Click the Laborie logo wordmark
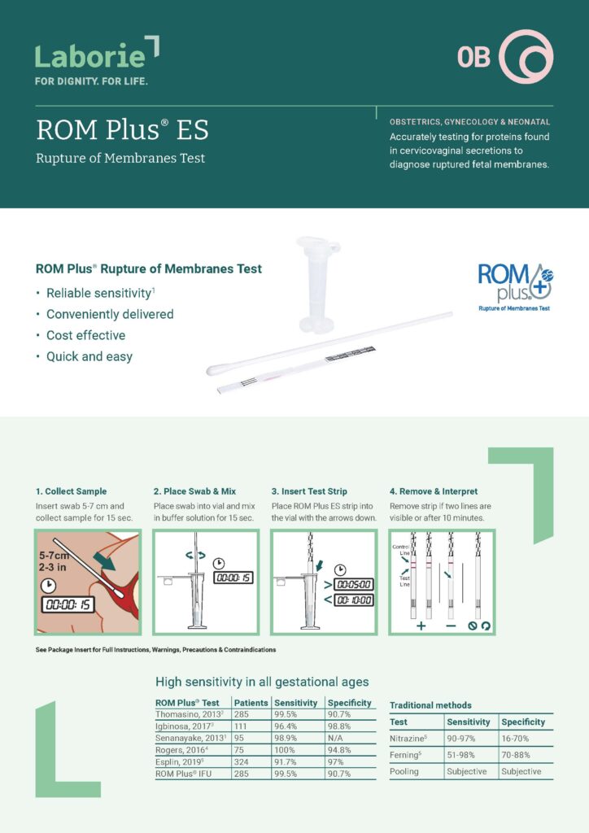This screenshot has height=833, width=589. coord(91,55)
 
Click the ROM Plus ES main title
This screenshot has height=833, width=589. coord(122,130)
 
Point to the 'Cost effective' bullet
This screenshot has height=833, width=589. coord(85,335)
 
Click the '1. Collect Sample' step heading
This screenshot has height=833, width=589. coord(71,491)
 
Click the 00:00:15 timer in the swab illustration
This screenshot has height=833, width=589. coord(69,604)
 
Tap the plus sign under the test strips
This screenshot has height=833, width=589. coord(421,626)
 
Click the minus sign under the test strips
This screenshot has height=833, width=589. coord(450,626)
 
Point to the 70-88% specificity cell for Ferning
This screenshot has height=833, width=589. coord(516,755)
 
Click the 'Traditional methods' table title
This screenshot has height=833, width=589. coord(430,705)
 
